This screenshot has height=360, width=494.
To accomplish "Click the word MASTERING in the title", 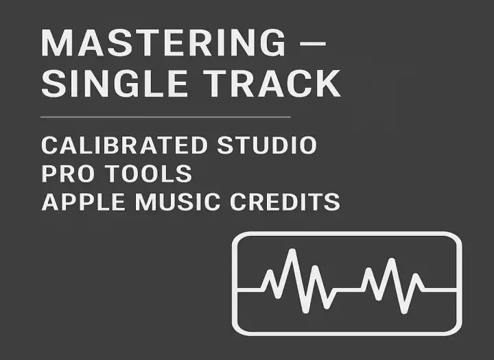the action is click(163, 43).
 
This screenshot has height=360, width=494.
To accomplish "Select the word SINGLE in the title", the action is click(115, 83).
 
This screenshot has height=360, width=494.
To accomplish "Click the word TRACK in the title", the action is click(272, 83).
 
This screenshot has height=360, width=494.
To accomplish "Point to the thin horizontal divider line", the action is click(165, 117).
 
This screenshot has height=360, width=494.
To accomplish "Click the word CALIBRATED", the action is click(124, 145).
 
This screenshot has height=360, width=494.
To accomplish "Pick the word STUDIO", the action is click(267, 145).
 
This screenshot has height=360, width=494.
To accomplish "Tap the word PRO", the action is click(68, 173).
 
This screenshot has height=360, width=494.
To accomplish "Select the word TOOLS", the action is click(148, 173).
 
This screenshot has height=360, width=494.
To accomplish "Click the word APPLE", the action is click(83, 202).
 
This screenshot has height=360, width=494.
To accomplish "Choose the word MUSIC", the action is click(178, 202).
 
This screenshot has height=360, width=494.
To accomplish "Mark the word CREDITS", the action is click(285, 202).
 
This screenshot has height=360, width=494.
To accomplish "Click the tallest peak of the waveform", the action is click(292, 252).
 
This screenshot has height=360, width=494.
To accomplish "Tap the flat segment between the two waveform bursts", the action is click(348, 290).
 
